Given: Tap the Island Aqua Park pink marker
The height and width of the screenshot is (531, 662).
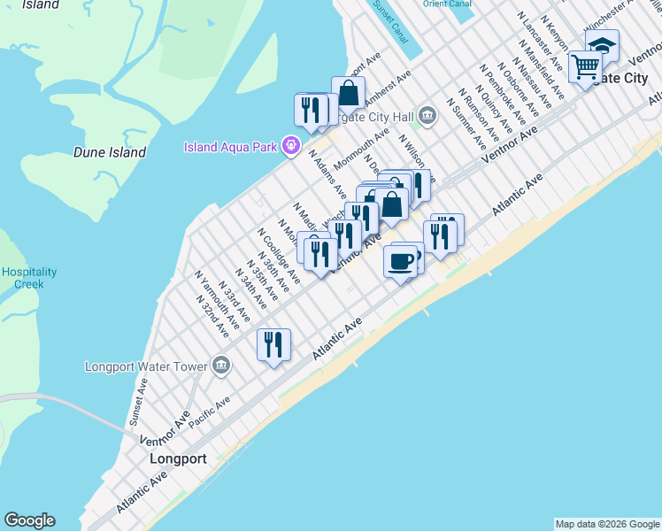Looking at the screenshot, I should [x=290, y=146].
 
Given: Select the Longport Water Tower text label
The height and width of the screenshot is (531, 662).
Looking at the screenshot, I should [x=145, y=366].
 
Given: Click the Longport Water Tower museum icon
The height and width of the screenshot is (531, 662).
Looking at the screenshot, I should [x=221, y=366].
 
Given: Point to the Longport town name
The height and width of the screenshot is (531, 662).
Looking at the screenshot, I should [x=178, y=459].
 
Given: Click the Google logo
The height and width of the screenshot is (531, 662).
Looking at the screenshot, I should [x=29, y=520].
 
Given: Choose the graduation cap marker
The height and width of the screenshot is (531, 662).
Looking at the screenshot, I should [x=603, y=45].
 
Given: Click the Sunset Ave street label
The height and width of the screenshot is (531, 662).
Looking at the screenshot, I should [x=139, y=400].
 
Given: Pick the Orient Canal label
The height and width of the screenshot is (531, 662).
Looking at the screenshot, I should [x=447, y=4].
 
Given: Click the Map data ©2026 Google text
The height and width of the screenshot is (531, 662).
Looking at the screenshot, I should [x=606, y=524].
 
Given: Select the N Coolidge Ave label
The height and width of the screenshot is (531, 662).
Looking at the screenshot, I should [x=280, y=256].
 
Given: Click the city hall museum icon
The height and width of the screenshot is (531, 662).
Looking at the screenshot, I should [x=428, y=115].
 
